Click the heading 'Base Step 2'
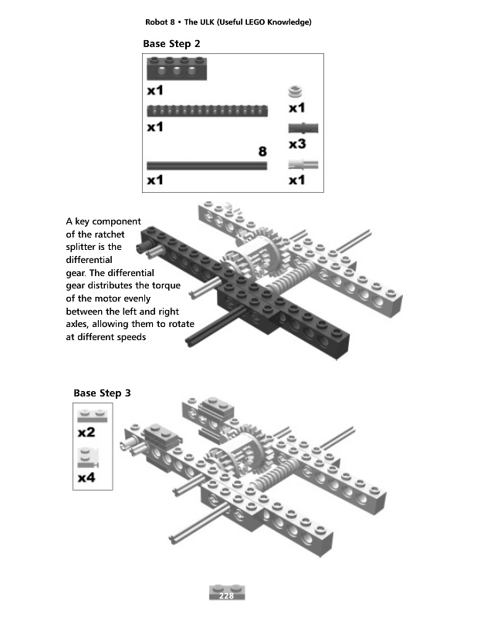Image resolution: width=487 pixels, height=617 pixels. (171, 44)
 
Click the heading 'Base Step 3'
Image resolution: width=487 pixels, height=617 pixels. (102, 393)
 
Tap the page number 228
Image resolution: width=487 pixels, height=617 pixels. (226, 596)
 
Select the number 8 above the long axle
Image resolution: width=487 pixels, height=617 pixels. (262, 151)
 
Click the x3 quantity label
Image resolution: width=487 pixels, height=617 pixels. (297, 144)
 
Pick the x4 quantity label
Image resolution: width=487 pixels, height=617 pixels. (86, 478)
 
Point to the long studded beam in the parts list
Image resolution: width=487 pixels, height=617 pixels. (207, 110)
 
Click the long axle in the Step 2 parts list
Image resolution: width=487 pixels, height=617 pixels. (207, 165)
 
